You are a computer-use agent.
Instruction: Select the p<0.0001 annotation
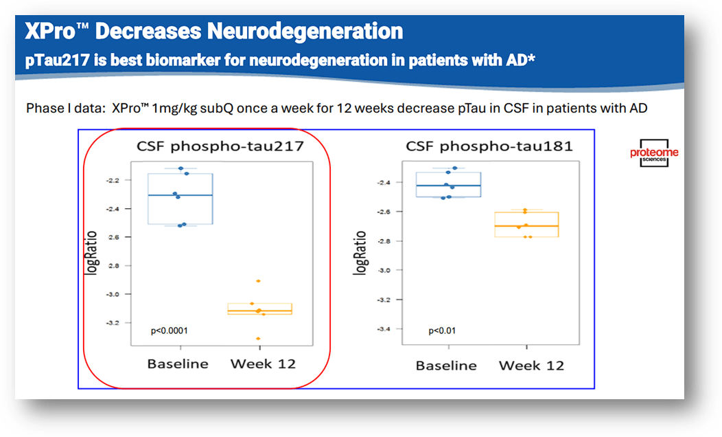pyautogui.click(x=170, y=331)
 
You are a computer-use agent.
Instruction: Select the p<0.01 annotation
pyautogui.click(x=442, y=331)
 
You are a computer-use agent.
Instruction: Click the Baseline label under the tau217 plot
pyautogui.click(x=178, y=363)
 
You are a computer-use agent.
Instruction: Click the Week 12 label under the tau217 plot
pyautogui.click(x=263, y=363)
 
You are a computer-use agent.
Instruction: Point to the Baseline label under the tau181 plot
pyautogui.click(x=446, y=366)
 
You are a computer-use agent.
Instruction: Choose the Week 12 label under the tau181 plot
pyautogui.click(x=531, y=366)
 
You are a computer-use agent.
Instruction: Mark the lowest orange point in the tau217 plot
pyautogui.click(x=259, y=338)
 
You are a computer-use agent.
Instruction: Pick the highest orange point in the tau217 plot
pyautogui.click(x=258, y=281)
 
